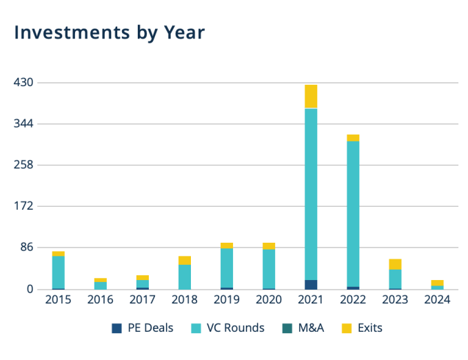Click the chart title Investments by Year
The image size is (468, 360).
click(110, 32)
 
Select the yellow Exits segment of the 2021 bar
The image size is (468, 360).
click(311, 97)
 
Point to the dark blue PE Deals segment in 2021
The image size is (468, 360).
click(311, 284)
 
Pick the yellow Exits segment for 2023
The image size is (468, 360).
click(395, 264)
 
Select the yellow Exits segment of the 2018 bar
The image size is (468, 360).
click(185, 260)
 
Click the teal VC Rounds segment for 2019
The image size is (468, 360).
click(227, 268)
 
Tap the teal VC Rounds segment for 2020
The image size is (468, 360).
click(269, 268)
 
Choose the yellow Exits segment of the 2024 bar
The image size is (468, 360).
click(437, 283)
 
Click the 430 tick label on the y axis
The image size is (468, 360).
click(24, 83)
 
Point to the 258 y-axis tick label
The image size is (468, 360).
click(24, 165)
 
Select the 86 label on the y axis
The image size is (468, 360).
click(27, 248)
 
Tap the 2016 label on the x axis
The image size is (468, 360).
click(100, 300)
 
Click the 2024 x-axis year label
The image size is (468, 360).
click(437, 300)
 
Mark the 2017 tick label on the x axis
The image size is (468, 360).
click(142, 300)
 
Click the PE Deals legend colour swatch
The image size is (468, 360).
click(116, 328)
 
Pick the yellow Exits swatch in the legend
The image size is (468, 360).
click(347, 328)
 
